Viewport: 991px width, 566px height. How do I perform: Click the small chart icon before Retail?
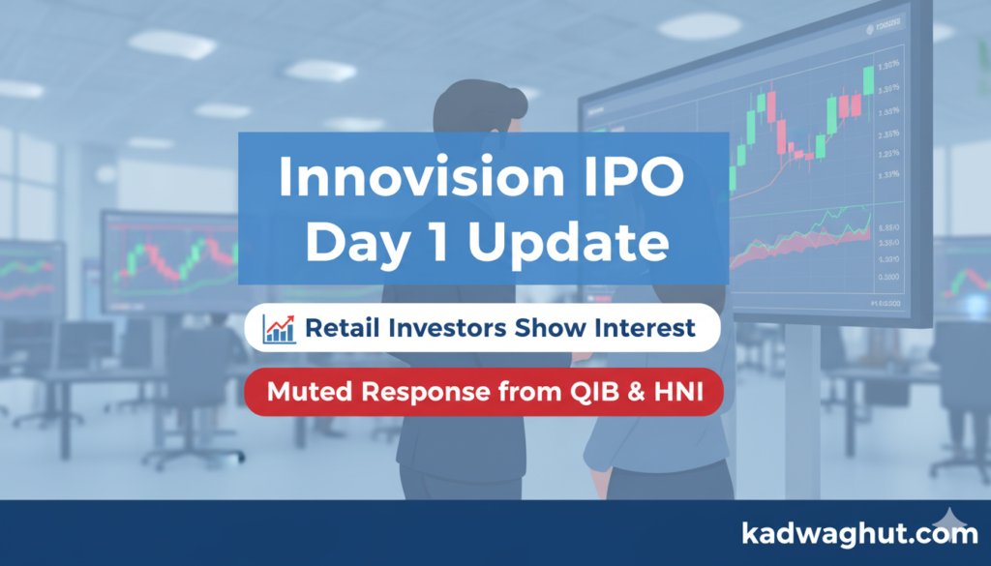click(x=280, y=328)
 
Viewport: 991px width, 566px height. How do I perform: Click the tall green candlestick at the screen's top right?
click(x=868, y=77)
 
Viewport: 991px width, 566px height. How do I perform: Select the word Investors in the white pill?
click(x=444, y=328)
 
